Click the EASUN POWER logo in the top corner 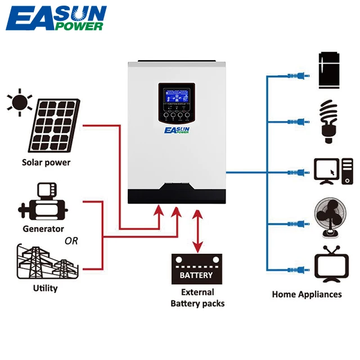[56, 19]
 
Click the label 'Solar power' [46, 163]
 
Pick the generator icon [43, 202]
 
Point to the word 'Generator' [43, 229]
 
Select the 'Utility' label [44, 289]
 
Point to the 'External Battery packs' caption [197, 298]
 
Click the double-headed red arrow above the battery [197, 231]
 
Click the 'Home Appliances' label [307, 294]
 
